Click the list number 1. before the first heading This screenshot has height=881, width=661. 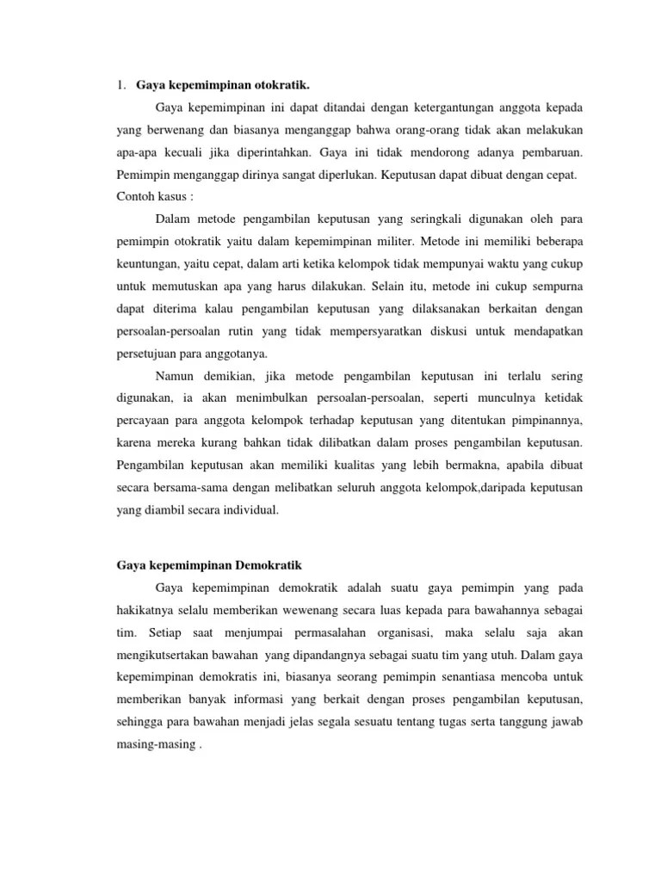pyautogui.click(x=120, y=85)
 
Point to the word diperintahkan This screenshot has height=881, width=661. pyautogui.click(x=269, y=152)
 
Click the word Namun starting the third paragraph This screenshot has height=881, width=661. pyautogui.click(x=176, y=376)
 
